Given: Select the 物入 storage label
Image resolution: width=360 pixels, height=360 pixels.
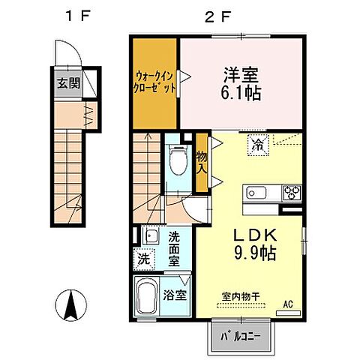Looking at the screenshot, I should point(202,161).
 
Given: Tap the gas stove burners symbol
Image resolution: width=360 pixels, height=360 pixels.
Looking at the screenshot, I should point(289,193).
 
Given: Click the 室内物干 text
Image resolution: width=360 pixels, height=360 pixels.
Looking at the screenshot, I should point(238,295).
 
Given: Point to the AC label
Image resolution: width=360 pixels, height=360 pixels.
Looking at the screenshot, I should point(287,305).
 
